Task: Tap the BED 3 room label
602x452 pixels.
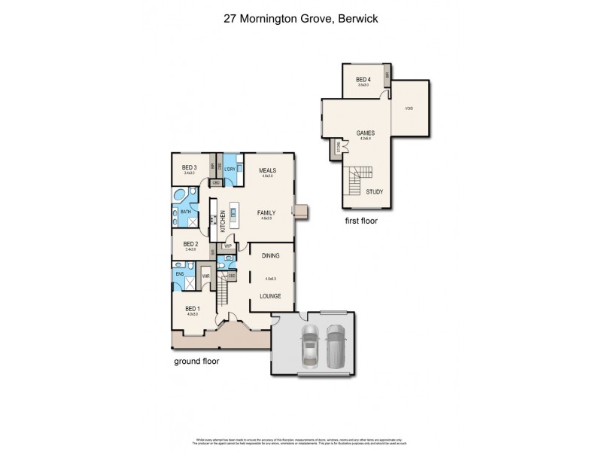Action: pos(190,167)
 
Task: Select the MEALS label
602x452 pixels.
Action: pos(268,170)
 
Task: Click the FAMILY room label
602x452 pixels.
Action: pos(266,213)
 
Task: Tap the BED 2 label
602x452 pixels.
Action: pos(190,244)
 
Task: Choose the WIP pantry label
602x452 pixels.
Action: pos(227,246)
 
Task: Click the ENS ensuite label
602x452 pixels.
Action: pos(180,274)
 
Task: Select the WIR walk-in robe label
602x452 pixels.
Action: pos(205,276)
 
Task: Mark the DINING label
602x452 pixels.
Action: pos(271,256)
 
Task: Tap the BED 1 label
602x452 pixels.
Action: pos(193,308)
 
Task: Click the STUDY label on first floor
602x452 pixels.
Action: pos(374,192)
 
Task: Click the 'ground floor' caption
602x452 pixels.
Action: pos(196,361)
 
